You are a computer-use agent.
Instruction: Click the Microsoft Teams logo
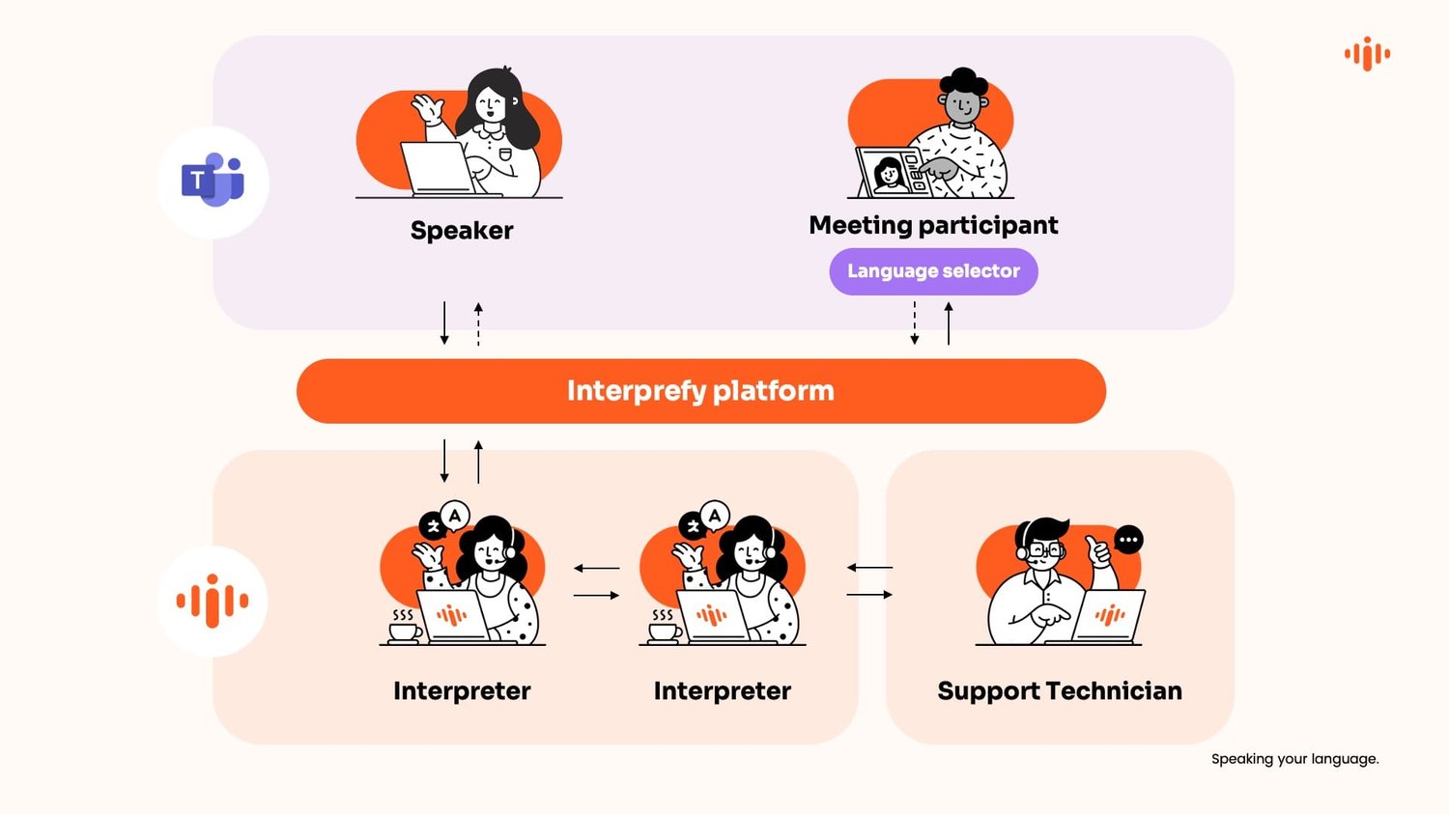(213, 181)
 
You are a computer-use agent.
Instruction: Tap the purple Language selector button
(933, 271)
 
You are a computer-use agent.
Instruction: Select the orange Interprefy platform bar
(700, 391)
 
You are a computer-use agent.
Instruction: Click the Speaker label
(462, 231)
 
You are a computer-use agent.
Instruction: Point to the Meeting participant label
(933, 225)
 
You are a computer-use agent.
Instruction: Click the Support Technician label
(1059, 691)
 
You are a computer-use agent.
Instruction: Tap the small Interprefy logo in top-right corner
(1367, 54)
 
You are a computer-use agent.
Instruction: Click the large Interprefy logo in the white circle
(213, 601)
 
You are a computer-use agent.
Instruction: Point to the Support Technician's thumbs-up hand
(1098, 552)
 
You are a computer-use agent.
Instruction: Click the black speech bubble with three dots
(1128, 540)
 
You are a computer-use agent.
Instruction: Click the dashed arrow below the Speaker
(478, 323)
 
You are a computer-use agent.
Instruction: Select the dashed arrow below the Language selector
(915, 323)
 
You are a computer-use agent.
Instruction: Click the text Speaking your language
(1294, 759)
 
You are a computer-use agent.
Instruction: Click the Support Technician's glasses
(1044, 549)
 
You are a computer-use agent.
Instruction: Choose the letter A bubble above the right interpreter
(715, 516)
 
